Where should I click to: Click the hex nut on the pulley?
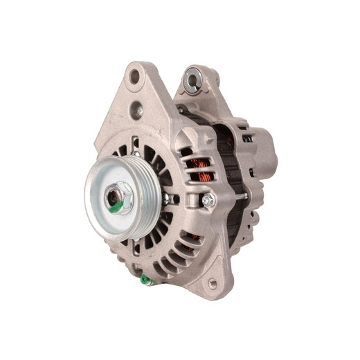pos(118,198)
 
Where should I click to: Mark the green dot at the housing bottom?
pos(143,279)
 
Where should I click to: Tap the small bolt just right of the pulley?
pos(167,199)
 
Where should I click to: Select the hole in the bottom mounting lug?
pos(213,283)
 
